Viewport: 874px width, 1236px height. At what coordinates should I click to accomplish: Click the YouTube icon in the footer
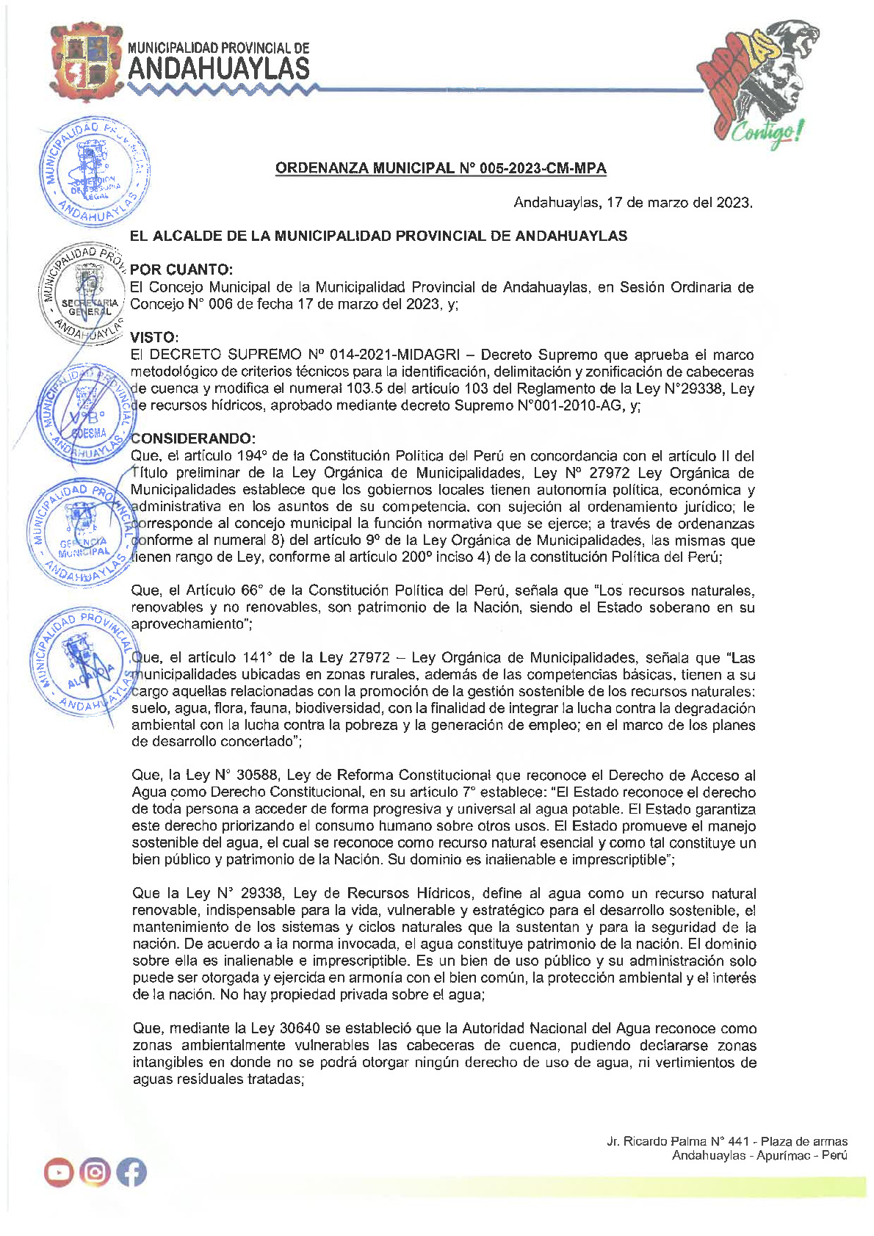[59, 1172]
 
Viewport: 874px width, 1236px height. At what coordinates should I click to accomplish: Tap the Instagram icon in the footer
[95, 1172]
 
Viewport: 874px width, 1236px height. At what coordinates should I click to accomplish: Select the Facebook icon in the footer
[131, 1172]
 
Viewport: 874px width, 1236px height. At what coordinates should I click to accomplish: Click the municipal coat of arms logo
[87, 63]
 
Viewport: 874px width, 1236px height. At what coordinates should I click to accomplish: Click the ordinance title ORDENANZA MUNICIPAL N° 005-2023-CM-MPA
[441, 168]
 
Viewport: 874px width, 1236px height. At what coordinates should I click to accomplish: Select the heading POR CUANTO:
[181, 270]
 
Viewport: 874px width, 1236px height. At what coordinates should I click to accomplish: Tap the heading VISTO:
[154, 337]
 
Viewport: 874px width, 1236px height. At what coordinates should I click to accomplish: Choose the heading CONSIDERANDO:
[193, 438]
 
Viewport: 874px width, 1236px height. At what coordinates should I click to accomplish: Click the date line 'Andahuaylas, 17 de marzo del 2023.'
[632, 202]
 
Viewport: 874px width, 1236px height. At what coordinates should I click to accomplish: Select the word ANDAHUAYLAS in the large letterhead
[219, 70]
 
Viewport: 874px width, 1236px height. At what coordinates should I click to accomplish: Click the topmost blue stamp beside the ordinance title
[93, 170]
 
